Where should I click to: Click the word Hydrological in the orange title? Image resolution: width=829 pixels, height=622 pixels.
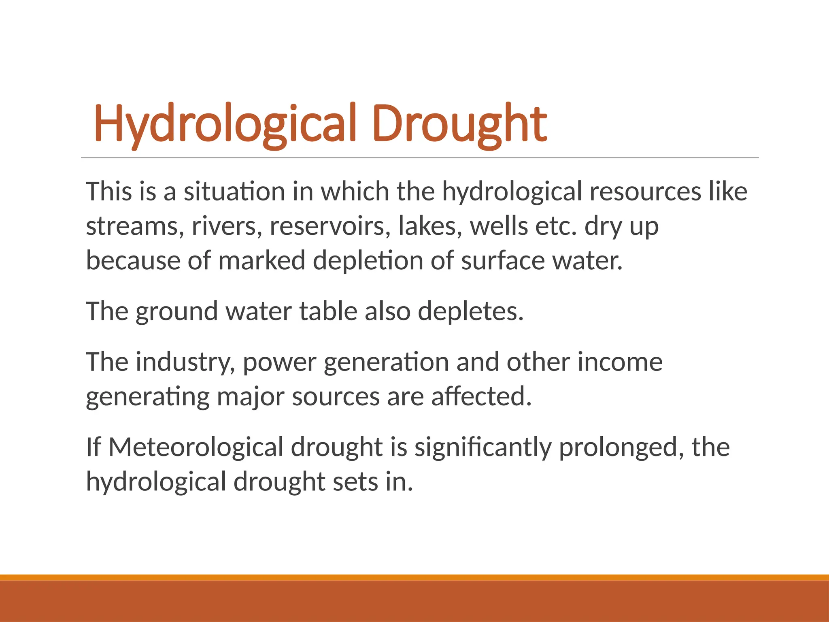click(x=225, y=123)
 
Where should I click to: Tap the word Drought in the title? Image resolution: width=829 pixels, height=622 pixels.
click(x=459, y=123)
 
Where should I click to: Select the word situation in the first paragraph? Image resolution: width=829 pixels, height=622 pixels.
click(x=234, y=191)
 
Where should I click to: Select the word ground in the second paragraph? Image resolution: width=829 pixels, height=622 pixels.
click(x=176, y=311)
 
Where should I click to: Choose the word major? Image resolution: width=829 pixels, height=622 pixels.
click(x=250, y=396)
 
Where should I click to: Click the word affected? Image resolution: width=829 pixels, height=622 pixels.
click(x=481, y=396)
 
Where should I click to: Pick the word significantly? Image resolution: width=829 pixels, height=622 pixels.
click(x=483, y=447)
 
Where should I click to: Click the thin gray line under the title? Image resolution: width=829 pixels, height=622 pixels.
click(x=420, y=158)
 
